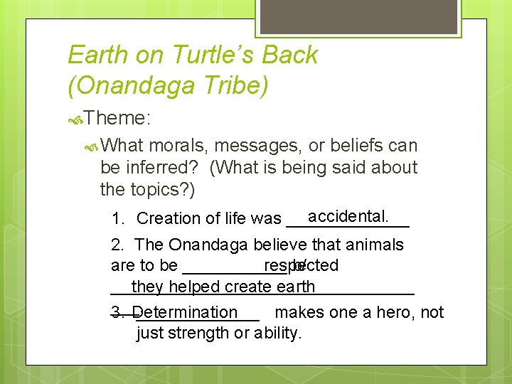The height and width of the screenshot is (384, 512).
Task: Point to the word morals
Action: pos(176,146)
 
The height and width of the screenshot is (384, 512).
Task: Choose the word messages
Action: pos(257,146)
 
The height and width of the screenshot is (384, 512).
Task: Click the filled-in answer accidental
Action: pos(348,215)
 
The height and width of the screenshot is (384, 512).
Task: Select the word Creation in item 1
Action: pos(167,218)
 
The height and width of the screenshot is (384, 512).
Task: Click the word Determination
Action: pos(185,312)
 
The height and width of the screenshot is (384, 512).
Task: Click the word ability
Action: pos(278,333)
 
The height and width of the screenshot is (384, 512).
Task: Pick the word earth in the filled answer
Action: pos(295,287)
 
